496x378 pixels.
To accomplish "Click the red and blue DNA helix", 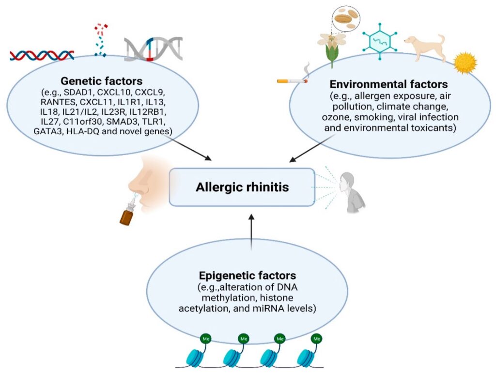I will [42, 55].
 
